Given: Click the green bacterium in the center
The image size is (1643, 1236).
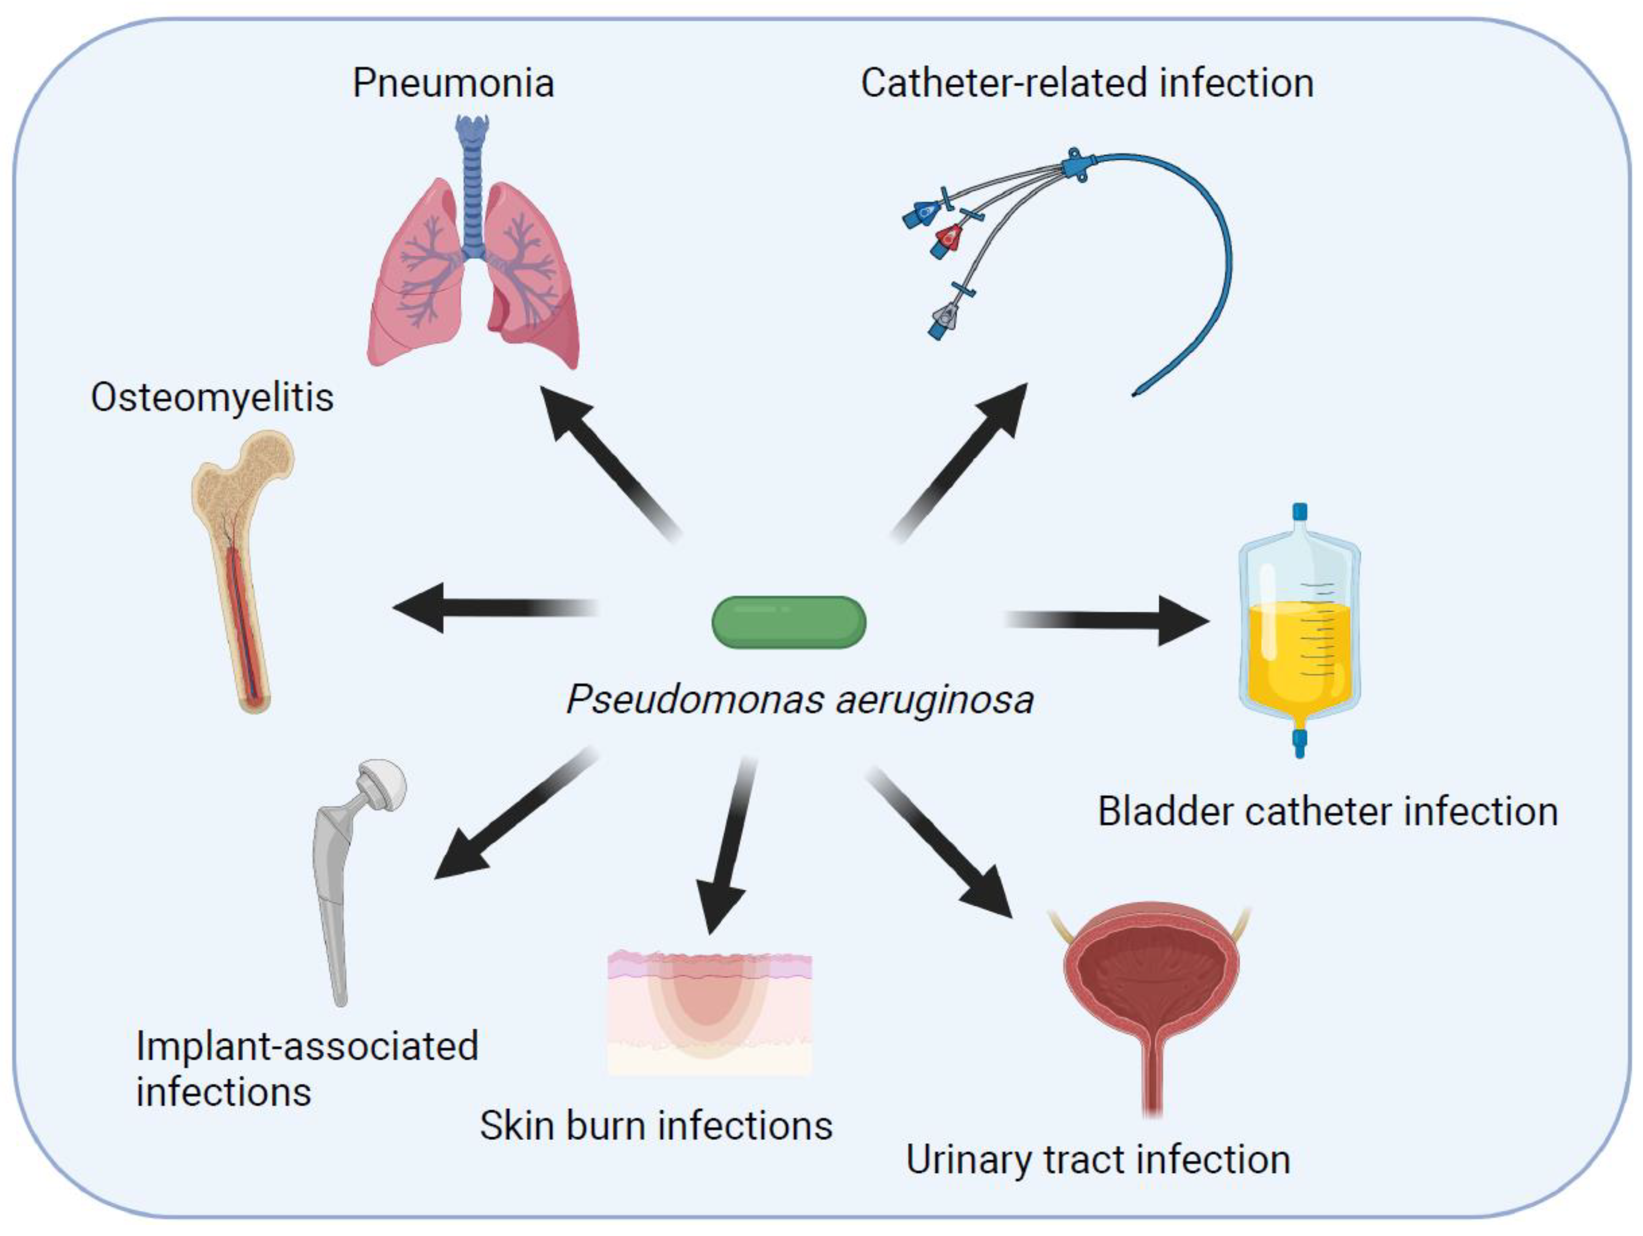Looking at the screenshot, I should [789, 622].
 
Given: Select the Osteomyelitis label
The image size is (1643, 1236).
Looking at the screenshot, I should [212, 397].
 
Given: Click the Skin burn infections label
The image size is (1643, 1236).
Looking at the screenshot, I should [656, 1125].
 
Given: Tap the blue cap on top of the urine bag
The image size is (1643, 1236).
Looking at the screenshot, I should [1299, 512].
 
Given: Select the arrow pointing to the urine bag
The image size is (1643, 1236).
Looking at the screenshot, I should [1114, 620].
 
